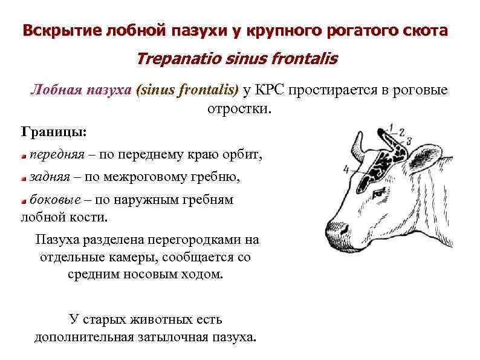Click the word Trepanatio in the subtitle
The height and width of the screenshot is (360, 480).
[175, 59]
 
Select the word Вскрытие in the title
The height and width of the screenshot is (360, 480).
[54, 30]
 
